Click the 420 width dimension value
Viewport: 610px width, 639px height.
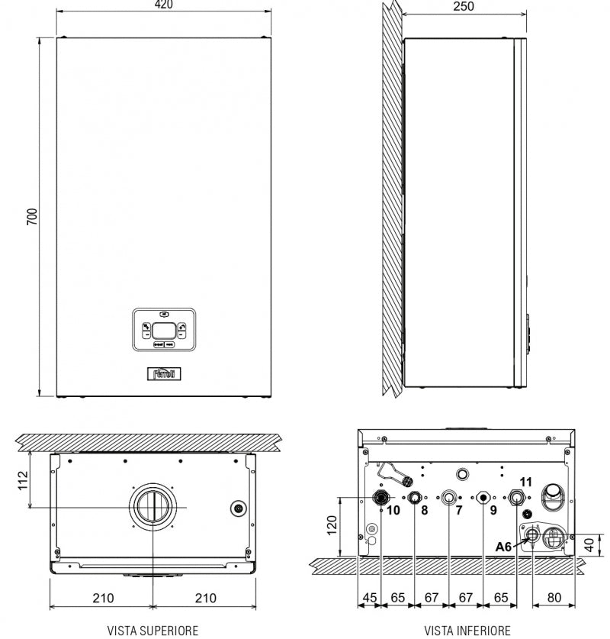(164, 5)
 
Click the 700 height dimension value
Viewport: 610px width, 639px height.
(32, 217)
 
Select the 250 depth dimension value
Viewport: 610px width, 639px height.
(464, 7)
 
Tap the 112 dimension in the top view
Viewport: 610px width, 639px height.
(23, 480)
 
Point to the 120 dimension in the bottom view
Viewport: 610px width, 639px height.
(332, 525)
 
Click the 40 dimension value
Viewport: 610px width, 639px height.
(589, 544)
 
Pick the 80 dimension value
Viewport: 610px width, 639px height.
(554, 598)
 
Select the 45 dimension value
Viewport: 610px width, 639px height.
(370, 598)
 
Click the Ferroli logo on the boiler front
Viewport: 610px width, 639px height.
(164, 373)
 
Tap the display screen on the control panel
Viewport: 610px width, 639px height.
(164, 331)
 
